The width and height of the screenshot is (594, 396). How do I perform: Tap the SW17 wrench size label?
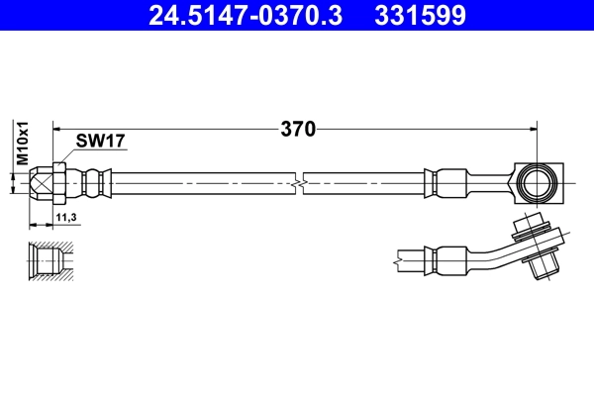pyautogui.click(x=101, y=143)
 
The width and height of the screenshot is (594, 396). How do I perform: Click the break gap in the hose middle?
pyautogui.click(x=299, y=183)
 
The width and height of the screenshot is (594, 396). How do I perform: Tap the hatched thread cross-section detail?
pyautogui.click(x=49, y=259)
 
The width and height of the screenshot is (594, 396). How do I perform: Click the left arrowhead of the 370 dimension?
pyautogui.click(x=56, y=128)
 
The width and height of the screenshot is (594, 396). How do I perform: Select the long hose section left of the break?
pyautogui.click(x=198, y=182)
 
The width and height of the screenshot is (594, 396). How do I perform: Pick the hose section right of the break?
pyautogui.click(x=366, y=182)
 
